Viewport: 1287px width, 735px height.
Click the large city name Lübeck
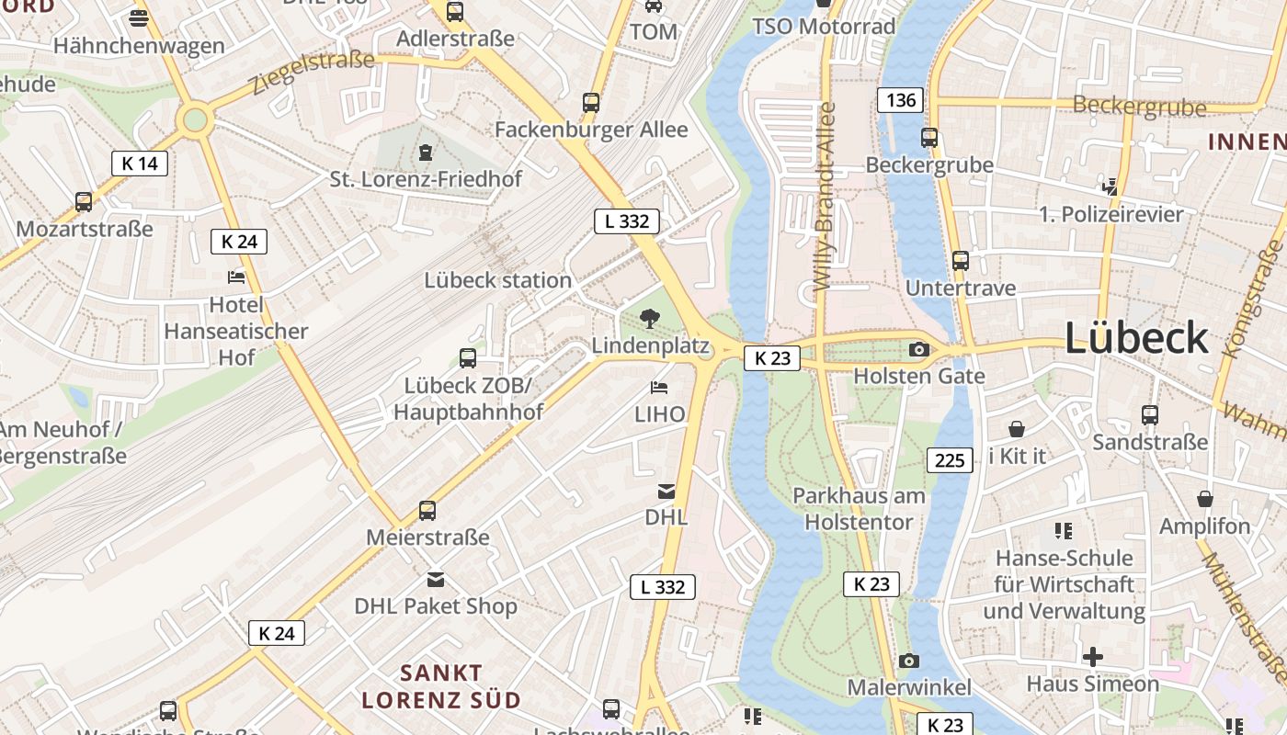click(1136, 338)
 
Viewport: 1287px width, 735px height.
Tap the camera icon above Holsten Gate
click(918, 349)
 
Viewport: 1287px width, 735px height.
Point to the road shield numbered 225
click(949, 459)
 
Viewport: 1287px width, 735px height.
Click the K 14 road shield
click(140, 164)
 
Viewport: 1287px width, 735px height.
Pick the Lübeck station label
click(497, 280)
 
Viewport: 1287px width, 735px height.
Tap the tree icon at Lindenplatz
click(650, 319)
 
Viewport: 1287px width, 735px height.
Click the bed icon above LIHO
click(659, 388)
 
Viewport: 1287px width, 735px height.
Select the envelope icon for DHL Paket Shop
click(436, 580)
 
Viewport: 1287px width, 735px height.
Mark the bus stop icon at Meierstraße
click(427, 511)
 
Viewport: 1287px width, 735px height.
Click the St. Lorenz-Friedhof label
click(426, 179)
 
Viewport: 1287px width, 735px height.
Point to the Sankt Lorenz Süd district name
click(441, 686)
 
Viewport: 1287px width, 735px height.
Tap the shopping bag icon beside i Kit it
click(1017, 429)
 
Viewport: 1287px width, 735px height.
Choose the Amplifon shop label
click(1204, 526)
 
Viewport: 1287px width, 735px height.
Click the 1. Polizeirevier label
click(1111, 214)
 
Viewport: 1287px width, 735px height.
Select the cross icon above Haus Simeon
click(1092, 657)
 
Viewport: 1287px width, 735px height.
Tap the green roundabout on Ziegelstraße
click(195, 119)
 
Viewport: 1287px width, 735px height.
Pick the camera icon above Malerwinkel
click(908, 661)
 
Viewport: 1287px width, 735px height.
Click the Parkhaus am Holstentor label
click(859, 509)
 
